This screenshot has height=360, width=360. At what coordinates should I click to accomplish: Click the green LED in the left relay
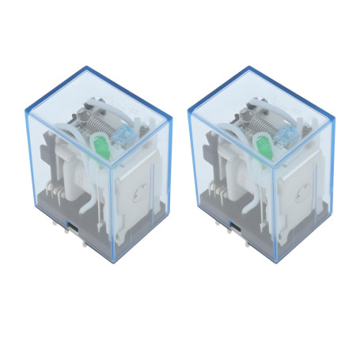pos(101,146)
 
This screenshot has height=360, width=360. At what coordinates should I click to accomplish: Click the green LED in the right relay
pos(263,146)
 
